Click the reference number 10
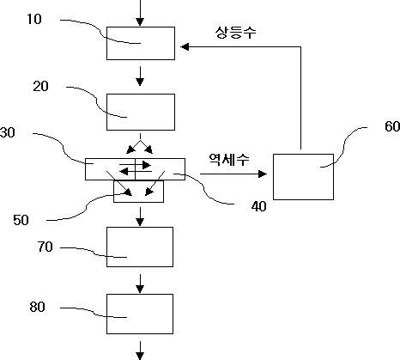[x=34, y=19]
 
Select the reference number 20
[x=40, y=86]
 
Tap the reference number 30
[x=8, y=132]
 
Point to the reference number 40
[x=259, y=206]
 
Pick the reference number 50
[x=21, y=220]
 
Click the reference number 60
[x=392, y=126]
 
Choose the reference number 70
[x=45, y=247]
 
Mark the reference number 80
[x=37, y=307]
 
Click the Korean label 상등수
[x=236, y=33]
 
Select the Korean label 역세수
[x=229, y=160]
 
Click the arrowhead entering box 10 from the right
[x=185, y=46]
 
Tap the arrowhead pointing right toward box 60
[x=263, y=174]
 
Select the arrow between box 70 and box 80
[x=140, y=284]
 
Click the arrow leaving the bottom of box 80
[x=140, y=351]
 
